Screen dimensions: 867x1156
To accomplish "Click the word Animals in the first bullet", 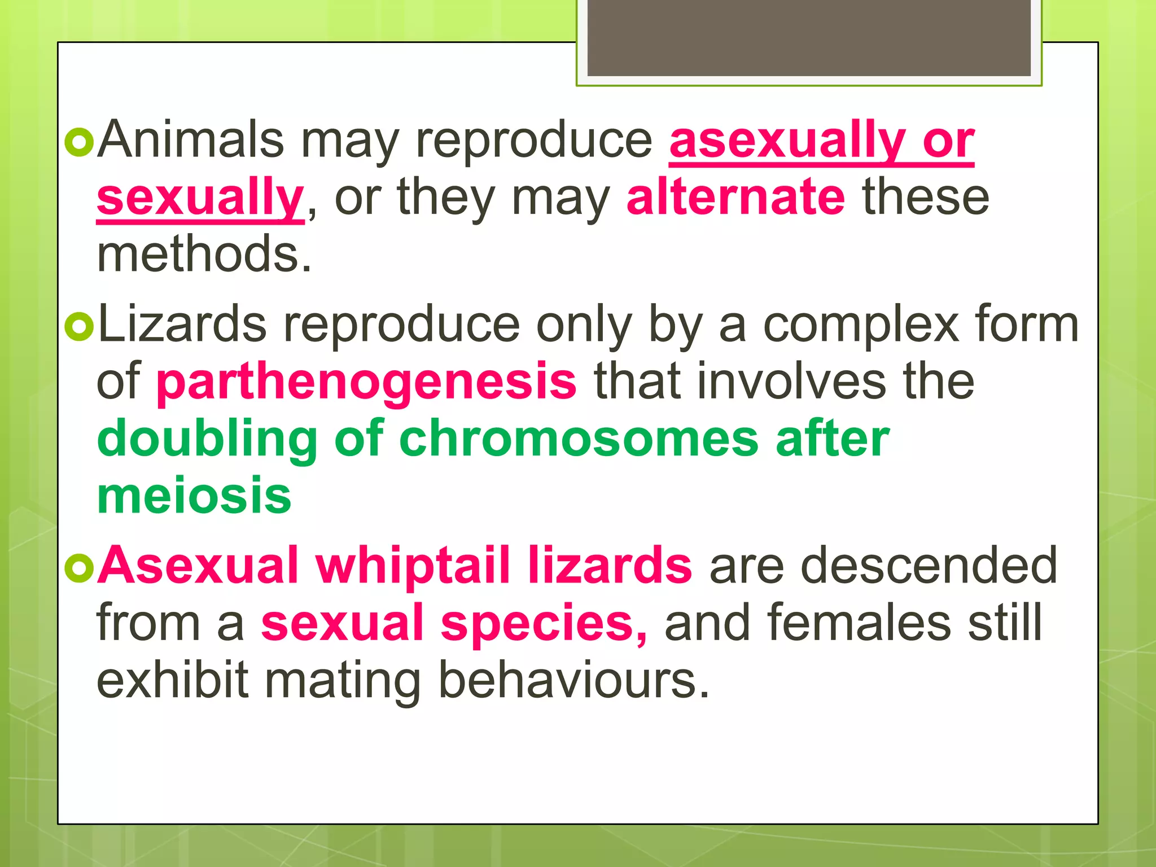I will (x=190, y=139).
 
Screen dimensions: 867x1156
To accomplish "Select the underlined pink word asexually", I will (x=787, y=141).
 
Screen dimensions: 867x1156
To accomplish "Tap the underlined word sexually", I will (x=200, y=198).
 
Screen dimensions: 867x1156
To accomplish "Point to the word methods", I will (x=204, y=254).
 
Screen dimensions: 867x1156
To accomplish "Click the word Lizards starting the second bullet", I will (x=182, y=324).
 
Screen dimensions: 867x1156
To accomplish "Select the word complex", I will (x=861, y=325).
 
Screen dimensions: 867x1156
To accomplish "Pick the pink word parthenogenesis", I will (x=366, y=382).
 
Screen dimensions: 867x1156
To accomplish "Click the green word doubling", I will (x=207, y=440).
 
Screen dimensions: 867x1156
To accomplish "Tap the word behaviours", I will (x=573, y=680).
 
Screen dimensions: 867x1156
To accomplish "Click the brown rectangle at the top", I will (x=809, y=38).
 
